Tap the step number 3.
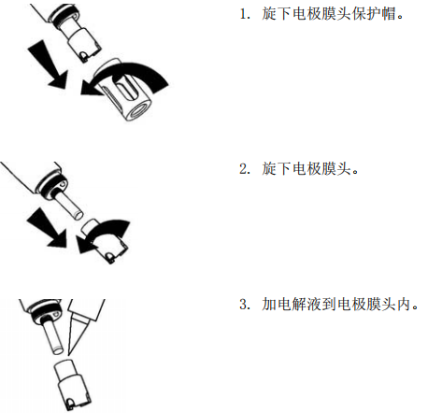tap(243, 306)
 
